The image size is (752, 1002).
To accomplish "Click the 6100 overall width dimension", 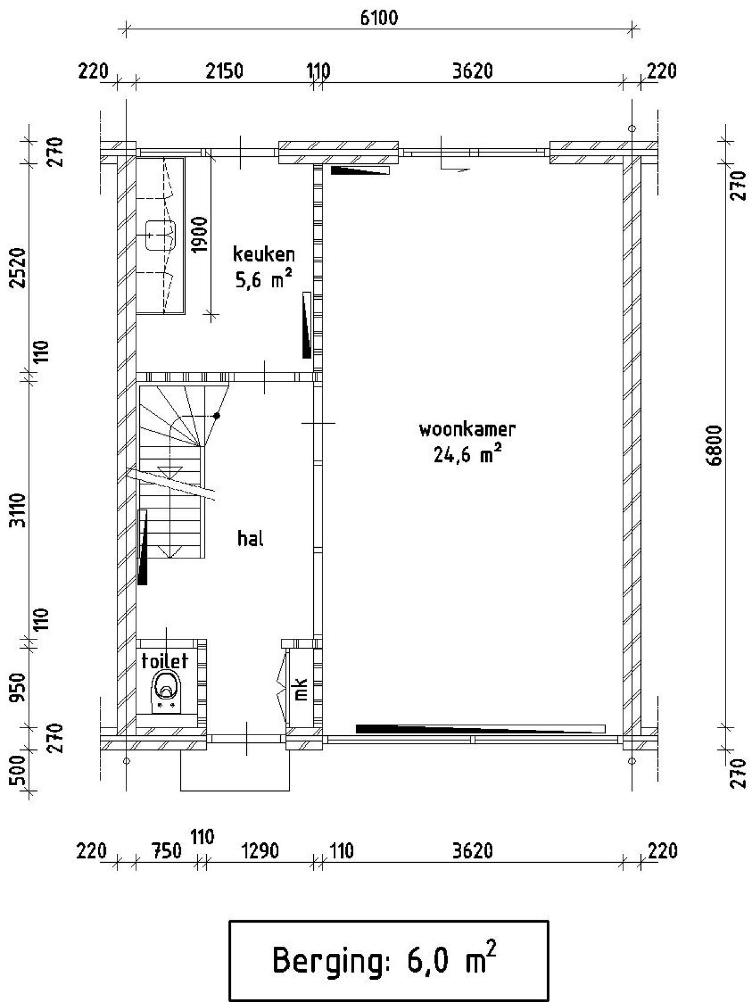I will click(378, 18).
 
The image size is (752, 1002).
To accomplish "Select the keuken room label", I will click(264, 254).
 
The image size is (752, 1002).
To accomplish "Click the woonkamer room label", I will click(467, 430).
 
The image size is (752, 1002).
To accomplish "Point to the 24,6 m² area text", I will click(467, 454).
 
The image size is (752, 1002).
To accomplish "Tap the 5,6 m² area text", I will click(264, 280).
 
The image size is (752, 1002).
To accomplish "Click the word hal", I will click(250, 538).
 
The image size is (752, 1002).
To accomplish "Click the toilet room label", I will click(164, 661).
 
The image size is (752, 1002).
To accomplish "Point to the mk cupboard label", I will click(301, 689).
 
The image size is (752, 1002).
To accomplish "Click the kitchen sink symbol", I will click(160, 234).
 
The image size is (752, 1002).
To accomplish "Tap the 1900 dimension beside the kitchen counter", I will click(200, 234).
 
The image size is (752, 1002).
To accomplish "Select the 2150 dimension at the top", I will click(224, 71).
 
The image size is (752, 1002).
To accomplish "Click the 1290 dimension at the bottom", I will click(260, 850).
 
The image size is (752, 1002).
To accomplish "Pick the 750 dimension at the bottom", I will click(166, 850).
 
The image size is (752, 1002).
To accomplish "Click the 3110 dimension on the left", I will click(18, 510).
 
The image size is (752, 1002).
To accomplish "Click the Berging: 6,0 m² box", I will click(388, 960).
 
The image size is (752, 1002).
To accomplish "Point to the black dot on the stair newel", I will click(217, 415).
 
